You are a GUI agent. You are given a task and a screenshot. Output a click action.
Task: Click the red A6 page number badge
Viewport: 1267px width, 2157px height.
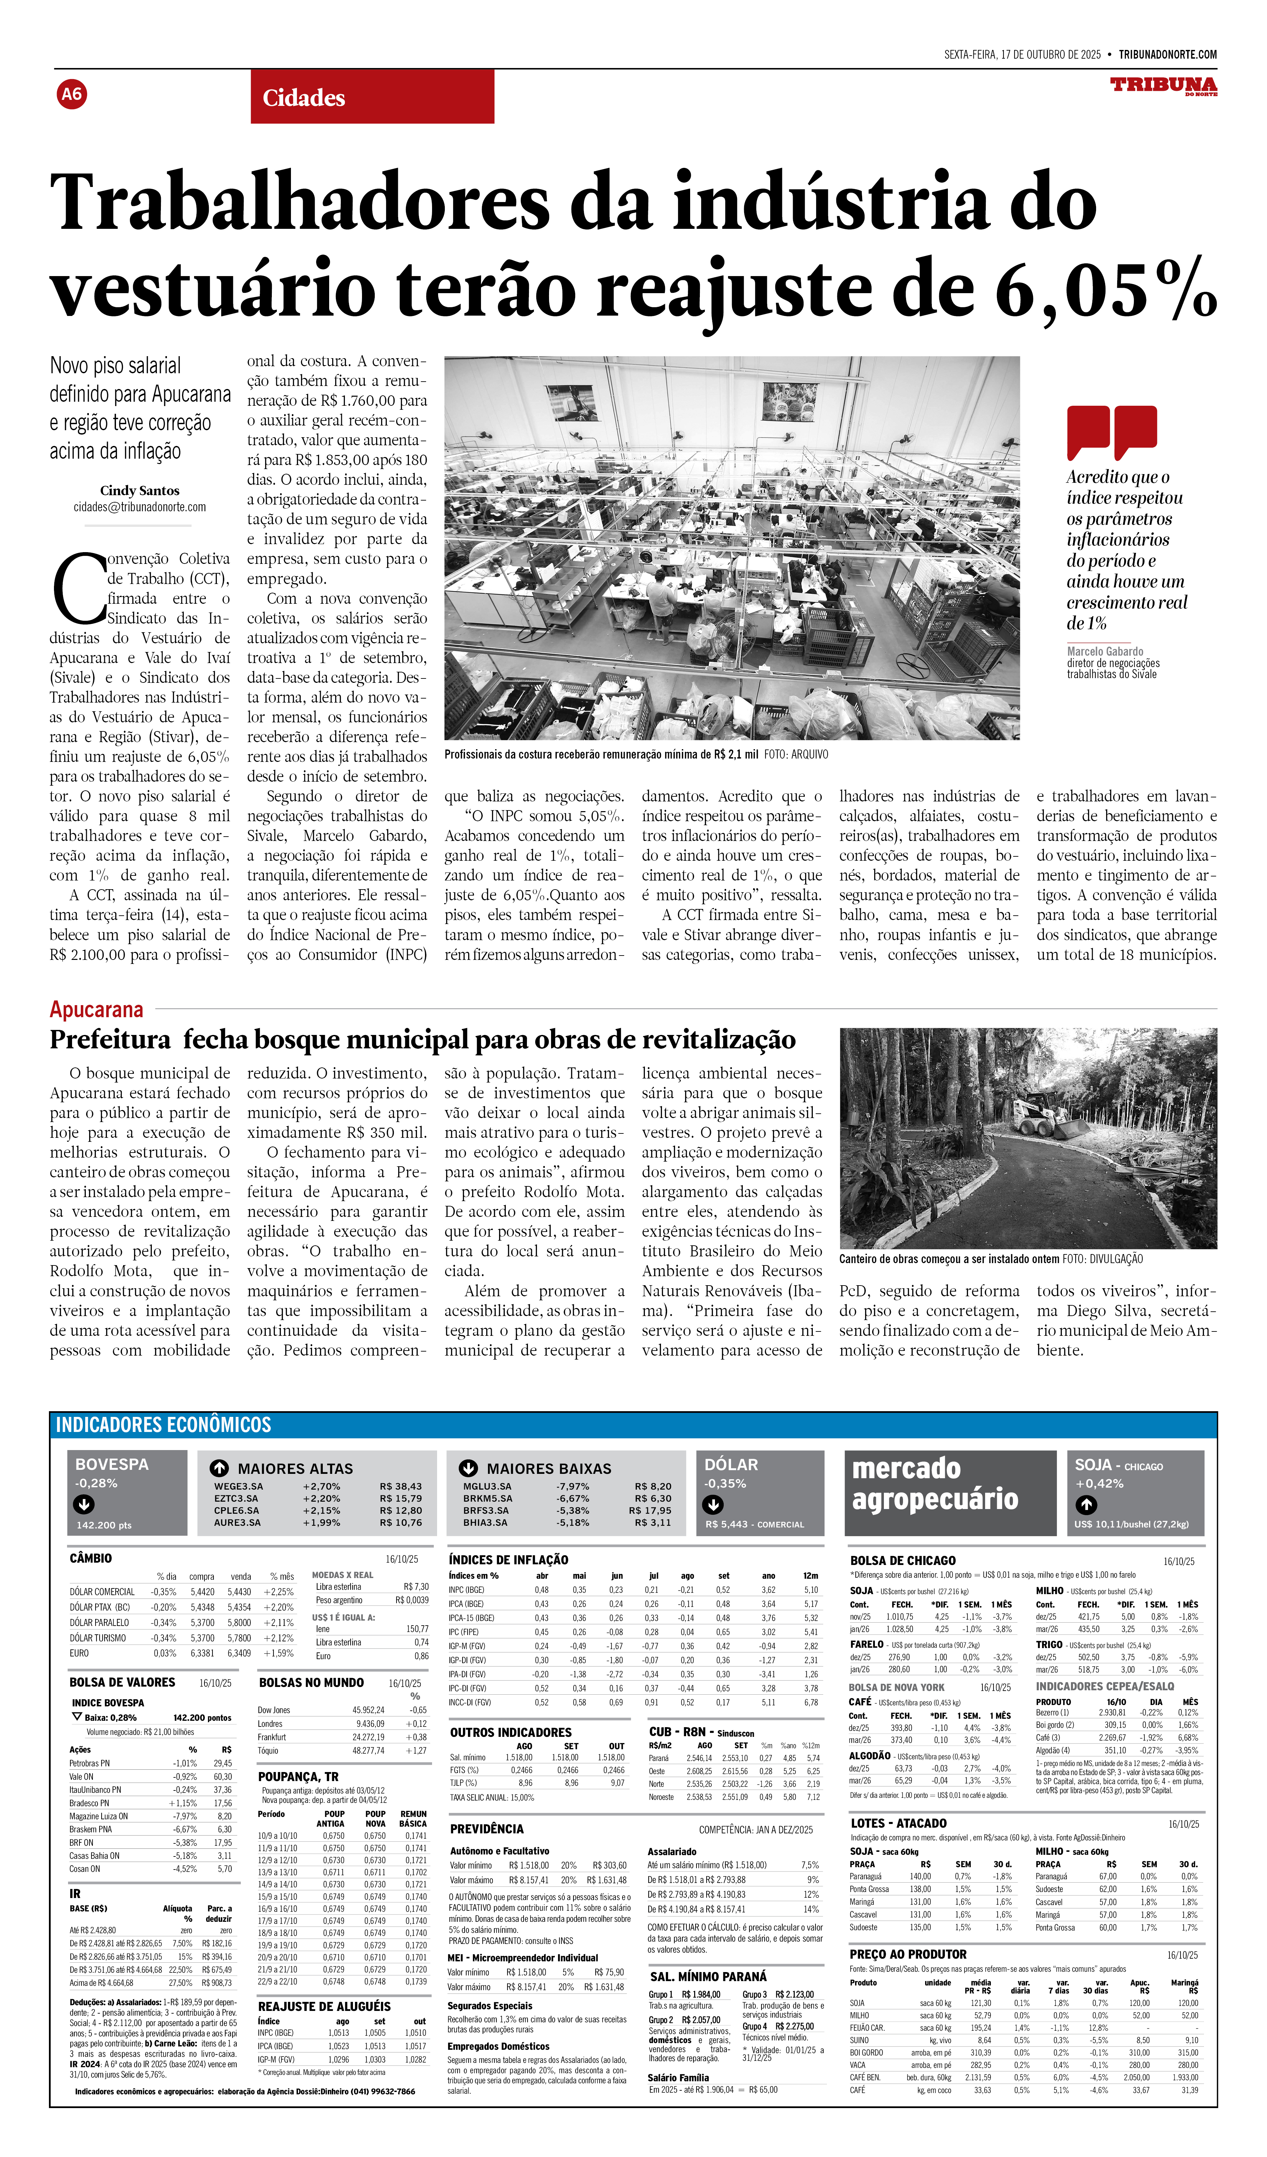click(72, 94)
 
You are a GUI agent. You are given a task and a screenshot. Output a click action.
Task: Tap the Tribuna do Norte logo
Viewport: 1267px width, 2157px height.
click(1163, 85)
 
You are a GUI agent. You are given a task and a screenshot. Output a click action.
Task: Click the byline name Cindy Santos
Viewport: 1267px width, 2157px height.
click(139, 491)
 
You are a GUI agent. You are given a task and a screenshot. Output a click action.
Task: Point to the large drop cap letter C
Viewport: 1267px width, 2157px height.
click(79, 589)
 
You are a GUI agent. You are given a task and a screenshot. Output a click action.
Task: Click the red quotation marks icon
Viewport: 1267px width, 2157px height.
click(1111, 432)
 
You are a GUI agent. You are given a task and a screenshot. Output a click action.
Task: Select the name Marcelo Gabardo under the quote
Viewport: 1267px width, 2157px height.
click(1104, 651)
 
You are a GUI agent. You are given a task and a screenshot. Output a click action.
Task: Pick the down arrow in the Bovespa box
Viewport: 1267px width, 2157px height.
click(84, 1504)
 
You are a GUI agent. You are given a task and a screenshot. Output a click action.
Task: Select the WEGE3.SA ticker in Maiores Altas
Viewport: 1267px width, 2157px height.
click(239, 1487)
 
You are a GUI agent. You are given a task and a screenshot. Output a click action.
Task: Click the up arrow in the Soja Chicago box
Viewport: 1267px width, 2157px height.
click(1086, 1504)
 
